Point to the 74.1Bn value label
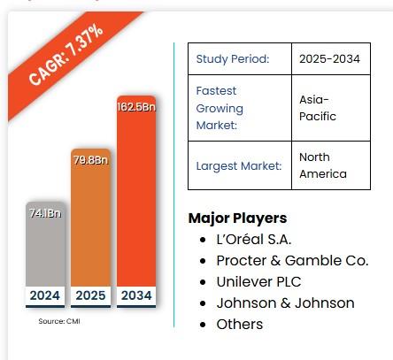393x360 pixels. pyautogui.click(x=43, y=212)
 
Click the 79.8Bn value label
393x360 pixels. pyautogui.click(x=90, y=160)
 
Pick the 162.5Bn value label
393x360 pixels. pyautogui.click(x=136, y=107)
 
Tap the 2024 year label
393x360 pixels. pyautogui.click(x=43, y=295)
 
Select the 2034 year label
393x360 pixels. pyautogui.click(x=136, y=295)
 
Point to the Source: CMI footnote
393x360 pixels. pyautogui.click(x=58, y=321)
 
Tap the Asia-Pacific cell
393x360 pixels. pyautogui.click(x=318, y=109)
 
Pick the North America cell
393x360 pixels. pyautogui.click(x=322, y=165)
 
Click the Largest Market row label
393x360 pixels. pyautogui.click(x=236, y=165)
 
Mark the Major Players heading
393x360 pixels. pyautogui.click(x=237, y=218)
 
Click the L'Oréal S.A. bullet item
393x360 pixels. pyautogui.click(x=253, y=239)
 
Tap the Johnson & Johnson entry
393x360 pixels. pyautogui.click(x=285, y=303)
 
